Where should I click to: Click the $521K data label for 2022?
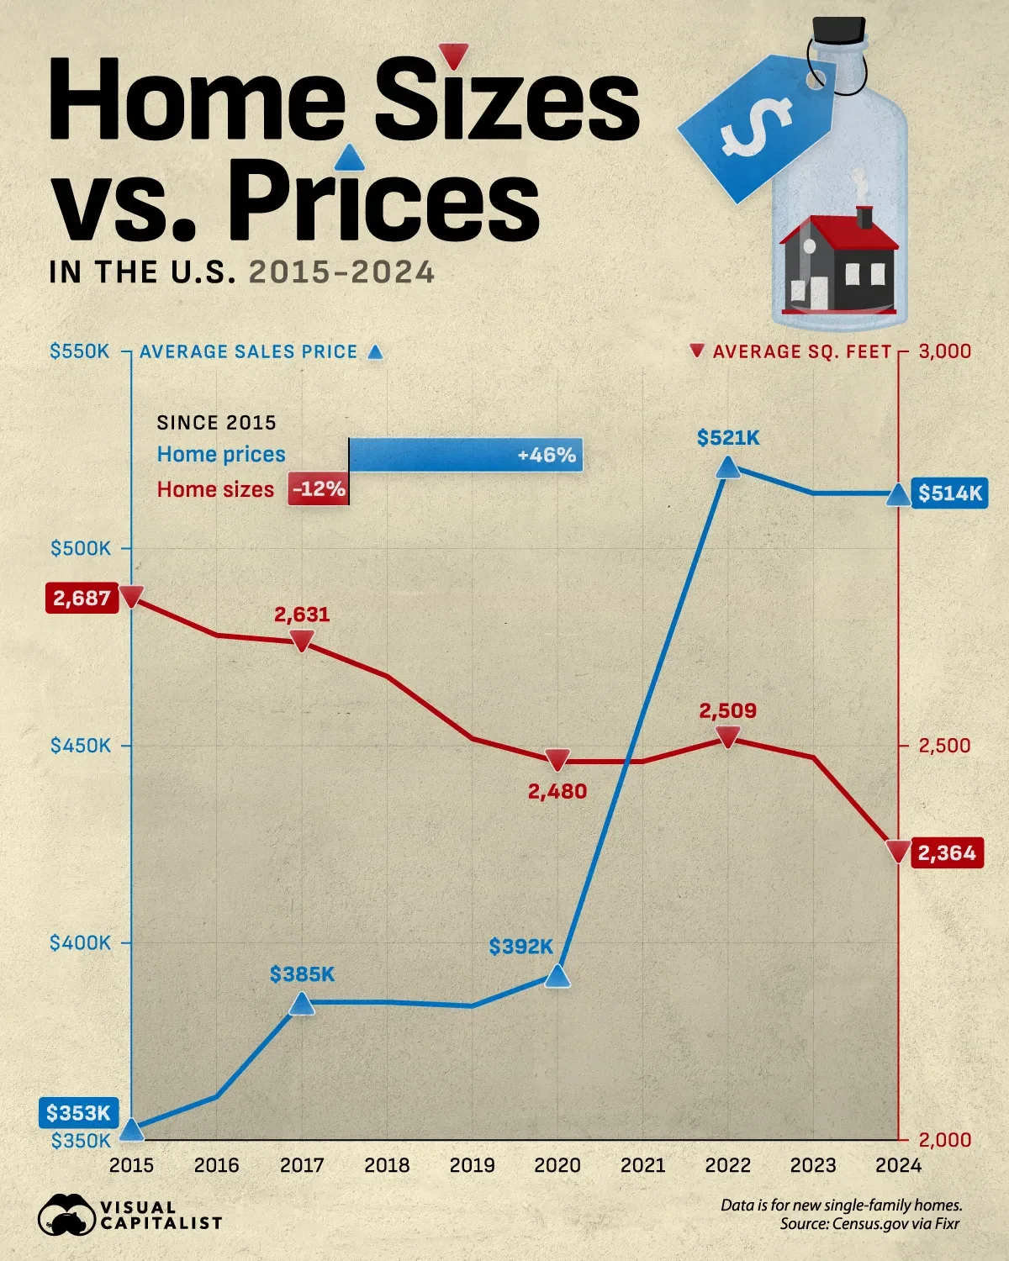pyautogui.click(x=728, y=438)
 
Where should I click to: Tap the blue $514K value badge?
pyautogui.click(x=949, y=493)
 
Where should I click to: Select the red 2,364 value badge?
pyautogui.click(x=946, y=853)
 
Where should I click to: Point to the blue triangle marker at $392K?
pyautogui.click(x=557, y=976)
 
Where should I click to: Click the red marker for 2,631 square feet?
pyautogui.click(x=302, y=642)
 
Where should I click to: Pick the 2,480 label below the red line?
pyautogui.click(x=557, y=791)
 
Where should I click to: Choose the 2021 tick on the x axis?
pyautogui.click(x=642, y=1165)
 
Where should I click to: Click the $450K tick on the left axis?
pyautogui.click(x=81, y=746)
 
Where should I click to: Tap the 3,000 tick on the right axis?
pyautogui.click(x=944, y=351)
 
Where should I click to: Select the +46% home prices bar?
pyautogui.click(x=465, y=455)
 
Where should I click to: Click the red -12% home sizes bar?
pyautogui.click(x=318, y=489)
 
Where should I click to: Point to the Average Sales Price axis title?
pyautogui.click(x=249, y=352)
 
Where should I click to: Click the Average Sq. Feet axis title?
pyautogui.click(x=801, y=352)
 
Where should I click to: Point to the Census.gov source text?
pyautogui.click(x=869, y=1224)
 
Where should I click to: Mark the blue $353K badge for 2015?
pyautogui.click(x=78, y=1113)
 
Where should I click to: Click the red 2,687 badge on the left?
pyautogui.click(x=82, y=598)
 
